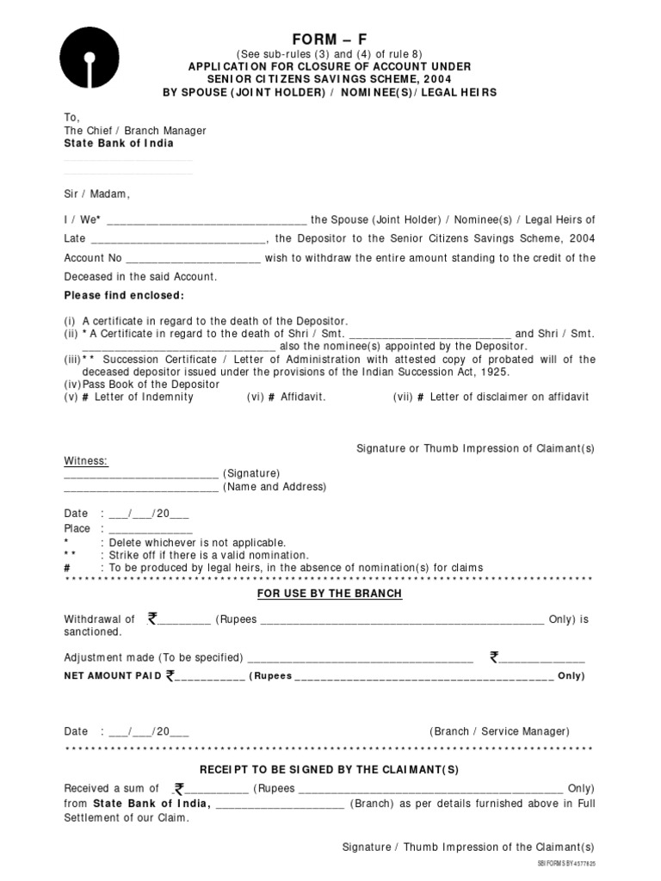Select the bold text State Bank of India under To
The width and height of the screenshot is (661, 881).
(x=119, y=143)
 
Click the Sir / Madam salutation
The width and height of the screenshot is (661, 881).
(x=96, y=194)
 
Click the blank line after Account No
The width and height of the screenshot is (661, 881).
(x=194, y=258)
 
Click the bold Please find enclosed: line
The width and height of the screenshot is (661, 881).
(x=124, y=296)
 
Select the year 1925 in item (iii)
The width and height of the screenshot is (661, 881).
(x=495, y=372)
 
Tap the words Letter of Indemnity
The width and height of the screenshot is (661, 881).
(x=144, y=397)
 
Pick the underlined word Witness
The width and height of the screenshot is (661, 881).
(x=86, y=461)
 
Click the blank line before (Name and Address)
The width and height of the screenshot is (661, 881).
(x=141, y=488)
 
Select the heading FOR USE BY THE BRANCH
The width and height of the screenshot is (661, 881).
(x=330, y=595)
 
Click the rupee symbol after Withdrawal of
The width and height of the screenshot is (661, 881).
(x=152, y=618)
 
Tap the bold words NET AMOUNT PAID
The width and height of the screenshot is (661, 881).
(x=112, y=676)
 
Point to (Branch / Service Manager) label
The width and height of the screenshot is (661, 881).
(x=499, y=731)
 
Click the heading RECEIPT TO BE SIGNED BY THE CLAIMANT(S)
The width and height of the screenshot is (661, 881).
(x=330, y=768)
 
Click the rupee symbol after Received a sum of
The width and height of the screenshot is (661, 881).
(x=179, y=788)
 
